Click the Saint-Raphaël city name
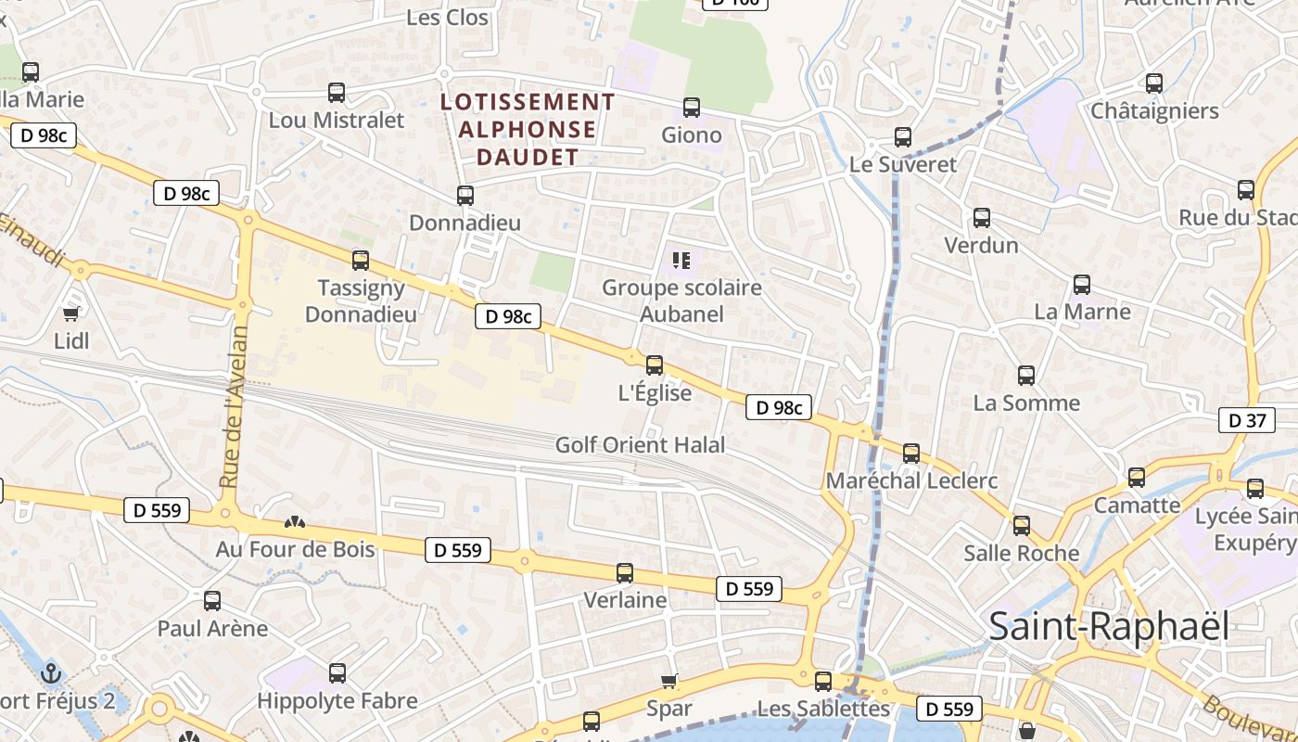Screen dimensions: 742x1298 pyautogui.click(x=1109, y=627)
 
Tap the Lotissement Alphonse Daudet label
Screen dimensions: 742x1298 pyautogui.click(x=528, y=129)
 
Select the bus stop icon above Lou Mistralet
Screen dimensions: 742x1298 pyautogui.click(x=337, y=93)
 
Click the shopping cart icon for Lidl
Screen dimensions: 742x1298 pyautogui.click(x=71, y=313)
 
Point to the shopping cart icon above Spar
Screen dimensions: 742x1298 pyautogui.click(x=669, y=682)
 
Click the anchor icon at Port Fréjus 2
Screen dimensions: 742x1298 pyautogui.click(x=52, y=672)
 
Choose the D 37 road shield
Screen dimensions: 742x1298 pyautogui.click(x=1247, y=420)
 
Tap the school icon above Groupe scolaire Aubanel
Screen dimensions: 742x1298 pyautogui.click(x=681, y=261)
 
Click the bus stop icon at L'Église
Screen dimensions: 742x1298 pyautogui.click(x=655, y=365)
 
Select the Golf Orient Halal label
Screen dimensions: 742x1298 pyautogui.click(x=640, y=445)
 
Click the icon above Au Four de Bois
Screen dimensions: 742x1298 pyautogui.click(x=295, y=523)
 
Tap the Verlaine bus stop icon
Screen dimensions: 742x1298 pyautogui.click(x=625, y=573)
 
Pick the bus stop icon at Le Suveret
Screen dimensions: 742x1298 pyautogui.click(x=903, y=137)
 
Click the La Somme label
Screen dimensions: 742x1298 pyautogui.click(x=1026, y=403)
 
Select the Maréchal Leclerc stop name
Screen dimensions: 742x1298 pyautogui.click(x=911, y=480)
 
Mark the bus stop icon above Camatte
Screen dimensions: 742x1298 pyautogui.click(x=1137, y=478)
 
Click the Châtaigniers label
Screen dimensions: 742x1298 pyautogui.click(x=1154, y=111)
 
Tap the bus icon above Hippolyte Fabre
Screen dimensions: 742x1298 pyautogui.click(x=337, y=673)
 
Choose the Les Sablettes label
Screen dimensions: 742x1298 pyautogui.click(x=823, y=709)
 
